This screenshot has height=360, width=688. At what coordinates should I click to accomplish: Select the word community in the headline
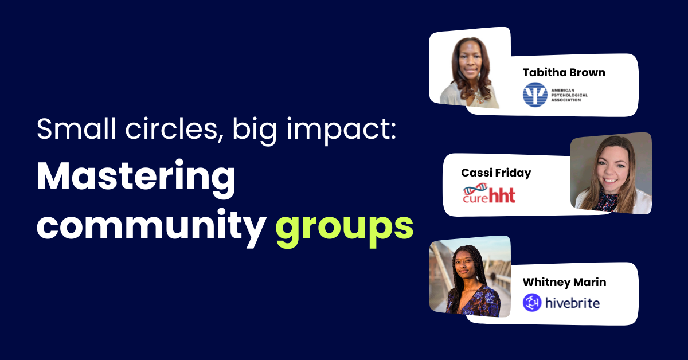pos(151,228)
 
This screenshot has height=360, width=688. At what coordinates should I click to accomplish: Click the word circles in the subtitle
pos(171,129)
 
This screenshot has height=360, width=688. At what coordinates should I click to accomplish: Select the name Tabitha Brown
pos(564,72)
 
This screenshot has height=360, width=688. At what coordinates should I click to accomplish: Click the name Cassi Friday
pos(496,173)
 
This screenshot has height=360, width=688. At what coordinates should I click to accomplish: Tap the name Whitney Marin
pos(565,282)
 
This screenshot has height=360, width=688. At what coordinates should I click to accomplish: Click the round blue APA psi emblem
pos(535,95)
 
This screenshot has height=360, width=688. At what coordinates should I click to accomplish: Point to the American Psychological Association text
pos(569,95)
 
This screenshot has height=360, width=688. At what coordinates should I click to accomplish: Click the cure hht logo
pos(489,193)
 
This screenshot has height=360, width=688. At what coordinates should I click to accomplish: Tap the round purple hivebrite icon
pos(532,302)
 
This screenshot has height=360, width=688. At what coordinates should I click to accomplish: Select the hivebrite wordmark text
pos(573,303)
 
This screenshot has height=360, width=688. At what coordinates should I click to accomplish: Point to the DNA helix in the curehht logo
pos(475,189)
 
